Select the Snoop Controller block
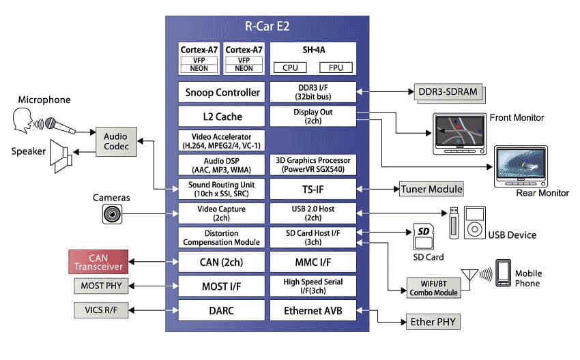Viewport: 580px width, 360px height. click(222, 92)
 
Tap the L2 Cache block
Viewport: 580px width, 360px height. click(222, 116)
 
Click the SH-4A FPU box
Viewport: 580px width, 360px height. click(336, 67)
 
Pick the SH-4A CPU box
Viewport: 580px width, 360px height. click(290, 67)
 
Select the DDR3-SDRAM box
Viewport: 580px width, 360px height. click(447, 92)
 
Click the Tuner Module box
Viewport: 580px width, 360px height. click(431, 189)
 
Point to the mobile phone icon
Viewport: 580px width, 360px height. click(504, 272)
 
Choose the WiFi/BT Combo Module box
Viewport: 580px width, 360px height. click(433, 287)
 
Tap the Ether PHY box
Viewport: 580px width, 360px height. click(431, 321)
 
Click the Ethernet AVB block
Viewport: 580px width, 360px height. click(313, 310)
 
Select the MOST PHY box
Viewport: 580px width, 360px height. click(101, 286)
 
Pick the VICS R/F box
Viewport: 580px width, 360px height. click(101, 310)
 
